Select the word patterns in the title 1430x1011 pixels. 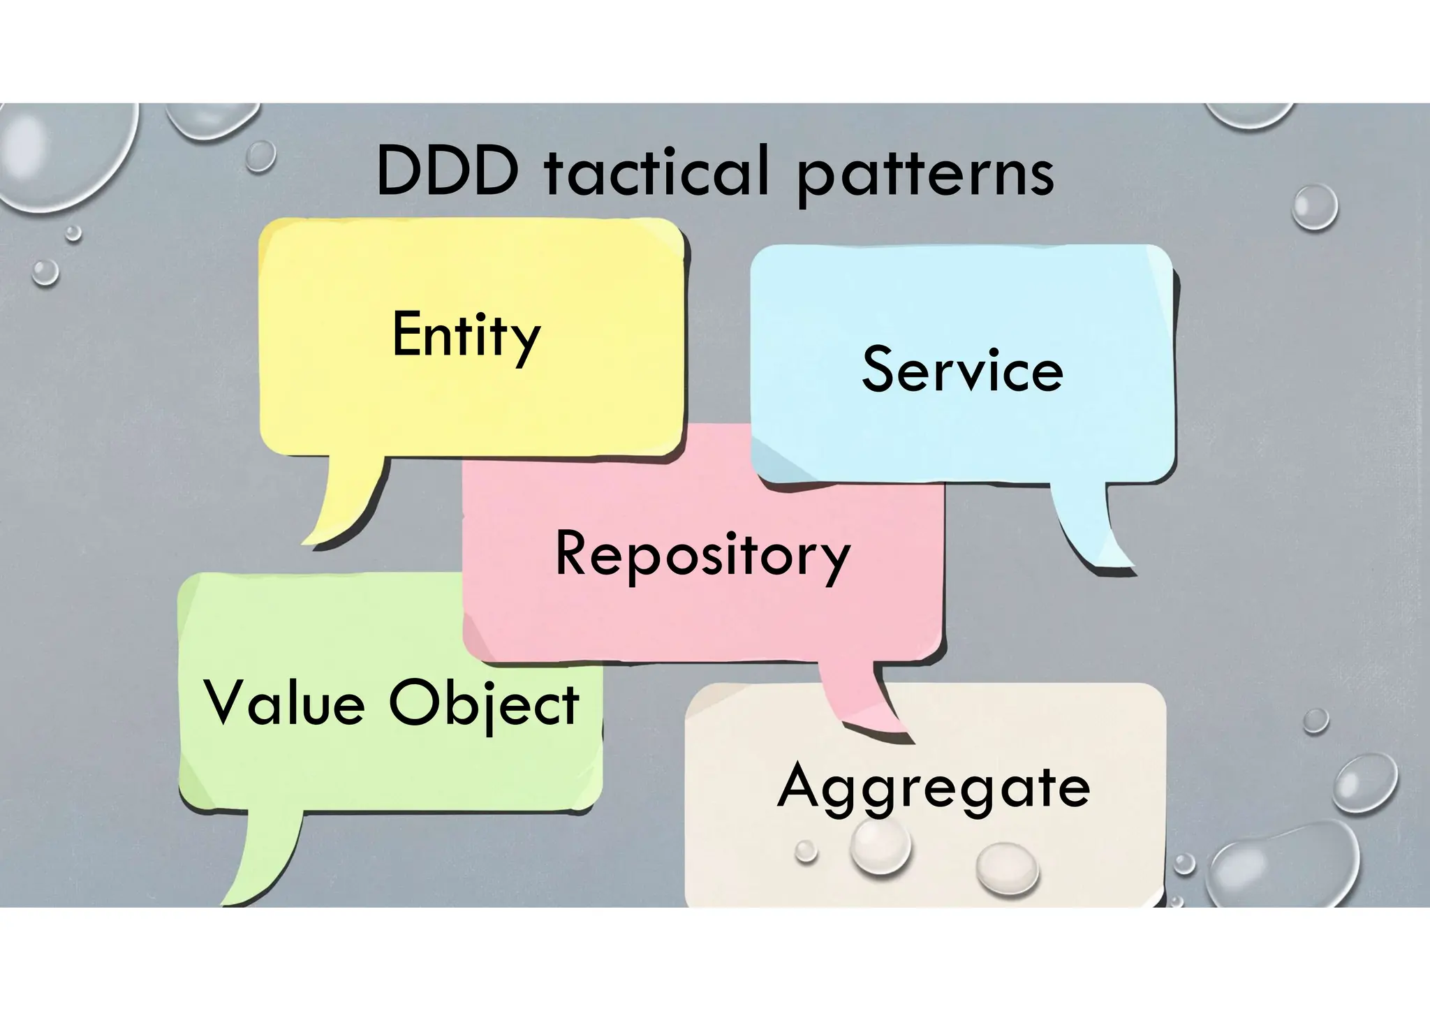(x=924, y=175)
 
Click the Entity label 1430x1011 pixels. (x=466, y=337)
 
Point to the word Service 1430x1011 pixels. (x=962, y=370)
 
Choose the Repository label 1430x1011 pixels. (x=702, y=555)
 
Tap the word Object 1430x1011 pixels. (x=484, y=704)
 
